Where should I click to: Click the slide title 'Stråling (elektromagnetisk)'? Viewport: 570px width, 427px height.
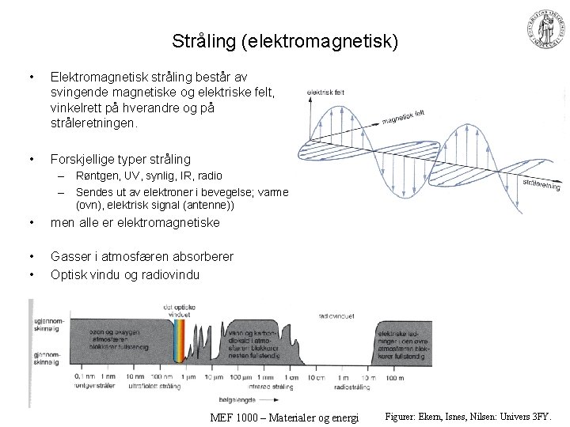click(284, 40)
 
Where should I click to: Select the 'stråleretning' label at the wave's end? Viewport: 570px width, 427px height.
click(541, 183)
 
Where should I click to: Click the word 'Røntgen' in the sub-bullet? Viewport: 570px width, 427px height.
click(94, 176)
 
